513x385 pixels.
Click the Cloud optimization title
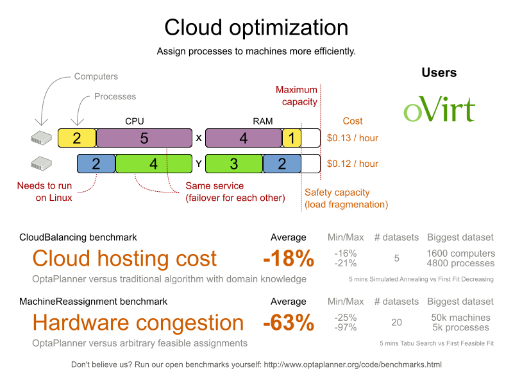(x=256, y=28)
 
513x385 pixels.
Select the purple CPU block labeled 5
(x=144, y=137)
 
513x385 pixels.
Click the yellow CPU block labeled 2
(x=77, y=137)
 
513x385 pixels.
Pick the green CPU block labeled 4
(x=154, y=164)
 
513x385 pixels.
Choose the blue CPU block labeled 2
(x=96, y=164)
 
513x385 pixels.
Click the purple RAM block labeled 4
(x=244, y=137)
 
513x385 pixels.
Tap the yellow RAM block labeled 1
(x=292, y=137)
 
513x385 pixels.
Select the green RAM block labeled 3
(x=234, y=164)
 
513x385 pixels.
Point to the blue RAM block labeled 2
(x=282, y=164)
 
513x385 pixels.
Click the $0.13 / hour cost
(x=352, y=137)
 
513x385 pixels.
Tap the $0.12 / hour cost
(x=352, y=164)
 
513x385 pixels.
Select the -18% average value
(x=289, y=259)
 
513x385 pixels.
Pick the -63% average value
(x=289, y=323)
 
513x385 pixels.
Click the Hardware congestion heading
(x=138, y=323)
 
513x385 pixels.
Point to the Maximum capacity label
(x=296, y=96)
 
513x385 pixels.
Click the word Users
(x=439, y=73)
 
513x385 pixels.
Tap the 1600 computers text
(x=460, y=253)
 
